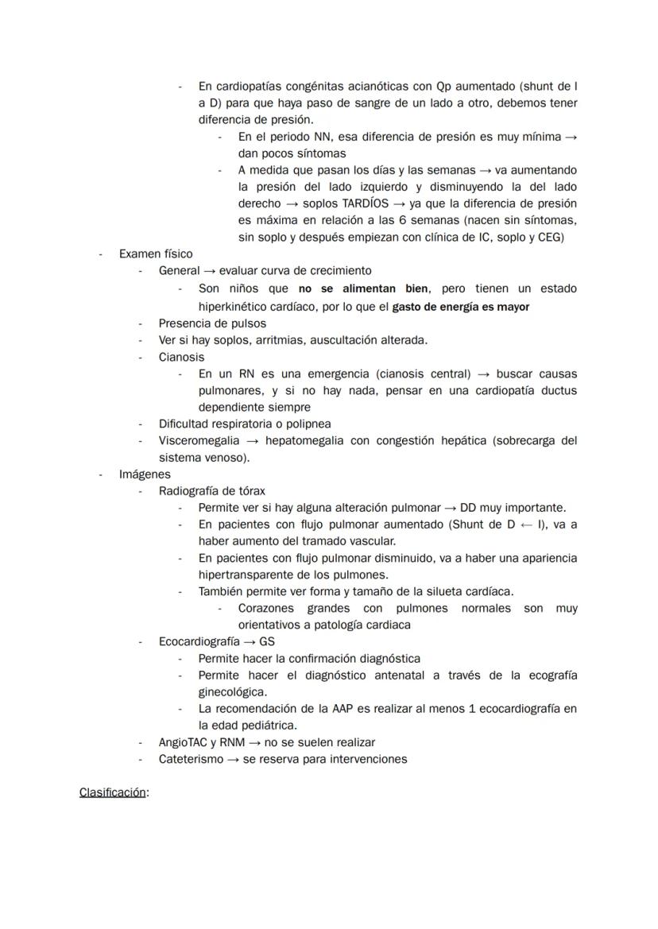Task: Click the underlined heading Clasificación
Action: (112, 792)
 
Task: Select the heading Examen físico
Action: (156, 254)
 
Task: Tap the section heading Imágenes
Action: (145, 474)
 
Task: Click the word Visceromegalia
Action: (198, 440)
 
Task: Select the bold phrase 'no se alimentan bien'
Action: (362, 288)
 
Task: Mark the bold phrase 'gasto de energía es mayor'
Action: (461, 306)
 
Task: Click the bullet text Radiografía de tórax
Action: (212, 491)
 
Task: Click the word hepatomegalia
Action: (305, 440)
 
